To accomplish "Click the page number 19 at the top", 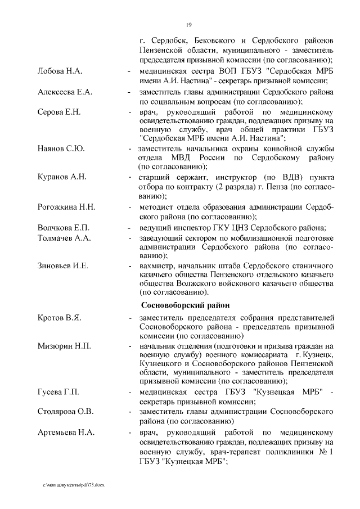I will [x=189, y=24].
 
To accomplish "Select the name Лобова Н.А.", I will [x=60, y=71].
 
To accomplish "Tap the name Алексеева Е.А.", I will [x=65, y=92].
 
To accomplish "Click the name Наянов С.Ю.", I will [x=61, y=148].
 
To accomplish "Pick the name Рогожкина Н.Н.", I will [x=66, y=207].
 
